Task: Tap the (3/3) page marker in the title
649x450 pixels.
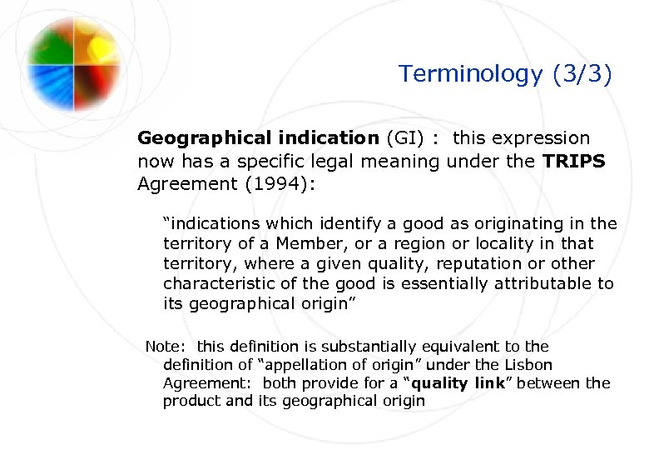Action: coord(582,74)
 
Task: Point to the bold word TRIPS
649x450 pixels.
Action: coord(574,161)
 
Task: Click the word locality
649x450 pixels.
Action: coord(506,243)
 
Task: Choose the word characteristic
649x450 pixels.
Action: coord(216,283)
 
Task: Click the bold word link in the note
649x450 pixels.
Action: coord(489,383)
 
